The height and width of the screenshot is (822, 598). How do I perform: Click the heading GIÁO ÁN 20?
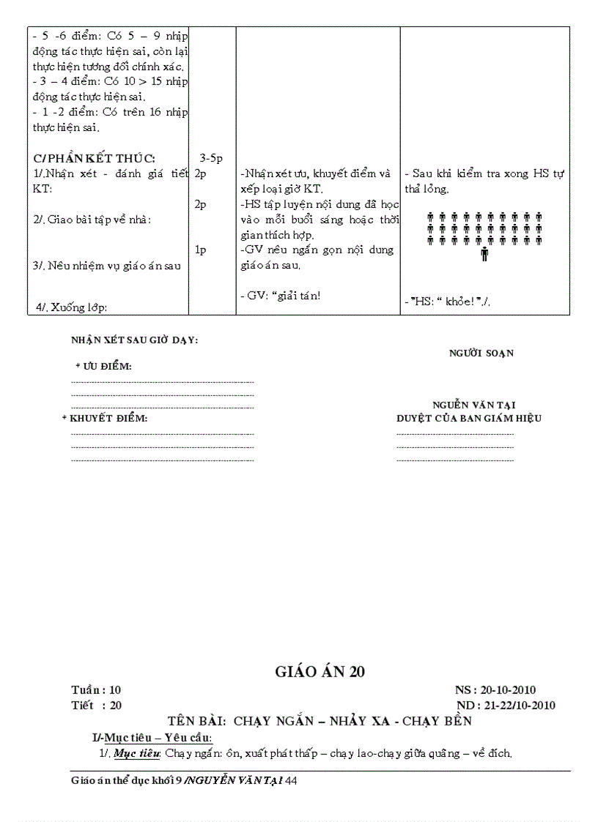[319, 672]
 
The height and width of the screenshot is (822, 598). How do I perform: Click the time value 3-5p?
[211, 158]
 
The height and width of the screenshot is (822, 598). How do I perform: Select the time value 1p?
[200, 250]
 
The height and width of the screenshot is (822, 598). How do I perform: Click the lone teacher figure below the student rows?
[484, 255]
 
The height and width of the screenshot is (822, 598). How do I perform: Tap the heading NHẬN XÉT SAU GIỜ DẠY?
[134, 340]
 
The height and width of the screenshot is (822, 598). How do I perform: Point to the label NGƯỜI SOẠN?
[481, 353]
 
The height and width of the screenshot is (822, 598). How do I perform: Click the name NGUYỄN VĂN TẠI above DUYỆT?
[473, 405]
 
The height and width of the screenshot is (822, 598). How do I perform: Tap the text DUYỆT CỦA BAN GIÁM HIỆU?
[469, 419]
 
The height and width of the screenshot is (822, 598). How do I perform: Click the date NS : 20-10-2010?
[495, 690]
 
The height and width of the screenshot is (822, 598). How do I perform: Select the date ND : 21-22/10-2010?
[505, 706]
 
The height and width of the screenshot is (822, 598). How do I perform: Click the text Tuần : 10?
[96, 690]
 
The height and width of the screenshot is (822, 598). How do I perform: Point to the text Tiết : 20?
[96, 706]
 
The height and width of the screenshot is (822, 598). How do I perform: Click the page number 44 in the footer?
[291, 781]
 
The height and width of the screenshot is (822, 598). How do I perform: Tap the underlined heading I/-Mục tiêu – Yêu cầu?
[152, 736]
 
